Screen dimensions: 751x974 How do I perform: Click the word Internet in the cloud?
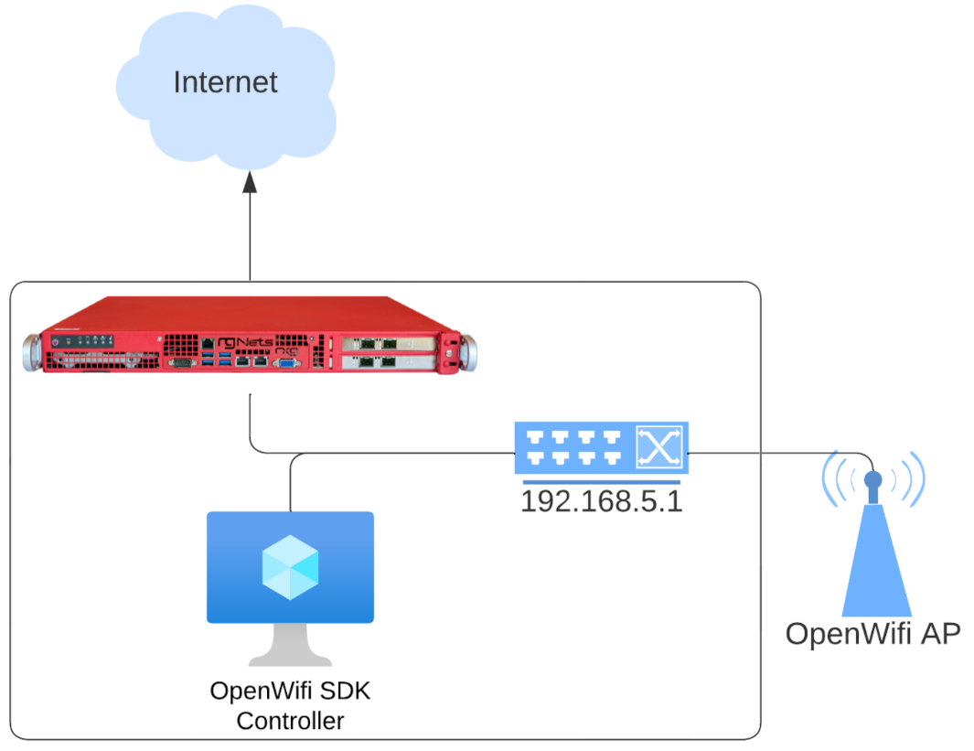225,82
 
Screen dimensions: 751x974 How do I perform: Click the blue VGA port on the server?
285,363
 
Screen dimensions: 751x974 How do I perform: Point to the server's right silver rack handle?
470,352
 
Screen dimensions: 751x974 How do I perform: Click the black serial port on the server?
181,363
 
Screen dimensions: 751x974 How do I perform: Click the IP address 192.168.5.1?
601,501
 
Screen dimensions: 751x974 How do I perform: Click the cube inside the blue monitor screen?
290,566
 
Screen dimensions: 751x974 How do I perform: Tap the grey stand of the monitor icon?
290,644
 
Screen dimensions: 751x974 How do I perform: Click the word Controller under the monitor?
290,721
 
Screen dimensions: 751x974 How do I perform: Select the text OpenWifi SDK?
290,691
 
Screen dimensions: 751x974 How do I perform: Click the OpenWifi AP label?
872,634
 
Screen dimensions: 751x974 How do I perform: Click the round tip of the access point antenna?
873,478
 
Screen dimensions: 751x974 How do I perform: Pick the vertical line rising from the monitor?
290,485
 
